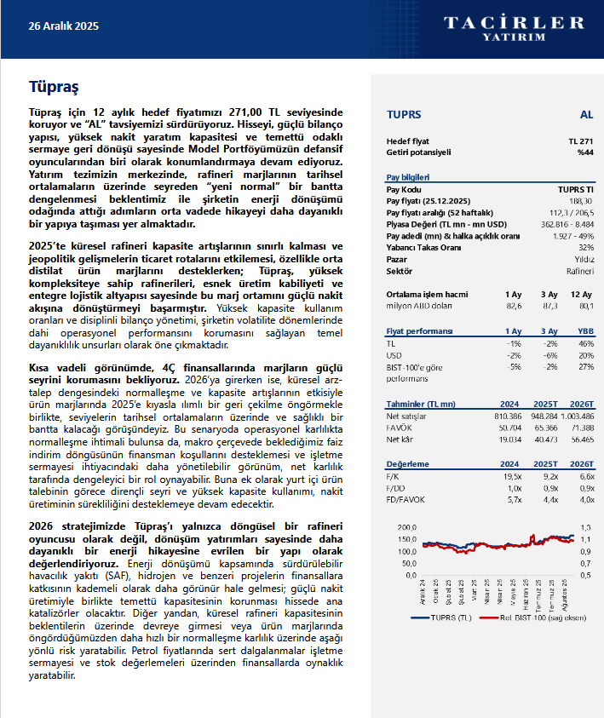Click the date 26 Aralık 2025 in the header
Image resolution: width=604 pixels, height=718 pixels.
[64, 26]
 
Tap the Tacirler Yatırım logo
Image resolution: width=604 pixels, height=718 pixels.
[513, 26]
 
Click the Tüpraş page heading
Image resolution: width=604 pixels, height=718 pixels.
[54, 86]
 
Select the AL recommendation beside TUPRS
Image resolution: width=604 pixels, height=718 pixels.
[586, 114]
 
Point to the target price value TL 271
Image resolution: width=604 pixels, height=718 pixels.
[580, 141]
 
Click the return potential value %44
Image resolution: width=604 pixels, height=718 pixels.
[584, 152]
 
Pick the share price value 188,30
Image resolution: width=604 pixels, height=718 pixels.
[581, 199]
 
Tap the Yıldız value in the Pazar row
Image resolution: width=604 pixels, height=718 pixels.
[584, 258]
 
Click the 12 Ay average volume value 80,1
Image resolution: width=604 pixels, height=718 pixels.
[585, 305]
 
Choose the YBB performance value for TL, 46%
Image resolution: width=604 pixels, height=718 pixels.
[585, 343]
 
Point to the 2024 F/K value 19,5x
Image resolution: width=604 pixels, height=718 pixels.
[511, 476]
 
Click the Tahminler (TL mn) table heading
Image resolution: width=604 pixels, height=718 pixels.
[421, 405]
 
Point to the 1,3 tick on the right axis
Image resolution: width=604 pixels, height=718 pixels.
[586, 527]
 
